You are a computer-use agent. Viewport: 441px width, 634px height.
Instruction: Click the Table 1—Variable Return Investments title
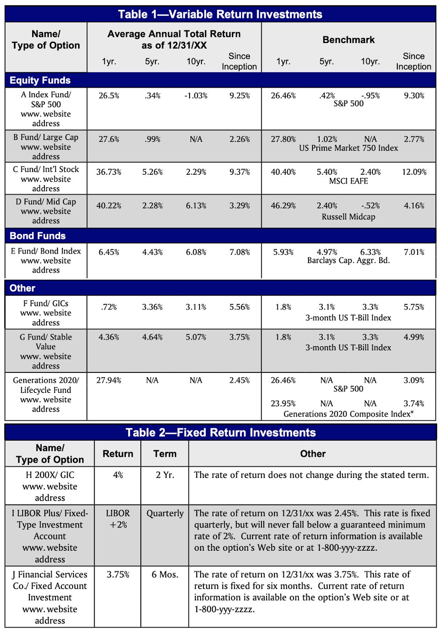[x=220, y=14]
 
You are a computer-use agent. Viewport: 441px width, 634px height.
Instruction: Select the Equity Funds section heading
[x=40, y=80]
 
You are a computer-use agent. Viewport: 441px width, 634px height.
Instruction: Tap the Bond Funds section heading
[x=38, y=236]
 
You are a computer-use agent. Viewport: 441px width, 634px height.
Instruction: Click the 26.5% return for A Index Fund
[x=109, y=96]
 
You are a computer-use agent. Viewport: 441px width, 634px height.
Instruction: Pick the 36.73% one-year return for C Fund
[x=109, y=172]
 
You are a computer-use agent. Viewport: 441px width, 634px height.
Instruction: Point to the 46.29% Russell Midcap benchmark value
[x=283, y=206]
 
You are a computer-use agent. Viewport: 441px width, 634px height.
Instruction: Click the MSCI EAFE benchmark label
[x=348, y=181]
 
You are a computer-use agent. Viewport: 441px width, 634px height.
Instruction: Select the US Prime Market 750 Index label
[x=348, y=148]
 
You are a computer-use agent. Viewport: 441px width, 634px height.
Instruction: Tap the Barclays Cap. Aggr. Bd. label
[x=348, y=261]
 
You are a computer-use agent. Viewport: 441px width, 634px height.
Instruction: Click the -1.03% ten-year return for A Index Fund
[x=196, y=96]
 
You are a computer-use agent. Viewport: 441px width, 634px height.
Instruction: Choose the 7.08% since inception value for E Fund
[x=240, y=252]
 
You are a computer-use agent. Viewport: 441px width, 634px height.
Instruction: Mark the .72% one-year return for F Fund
[x=109, y=307]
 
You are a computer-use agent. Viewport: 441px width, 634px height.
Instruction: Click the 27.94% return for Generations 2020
[x=109, y=380]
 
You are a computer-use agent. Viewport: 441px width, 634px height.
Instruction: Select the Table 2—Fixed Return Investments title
[x=220, y=432]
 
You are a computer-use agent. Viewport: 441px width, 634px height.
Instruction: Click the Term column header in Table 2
[x=165, y=454]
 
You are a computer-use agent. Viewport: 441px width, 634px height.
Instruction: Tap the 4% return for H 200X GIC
[x=118, y=475]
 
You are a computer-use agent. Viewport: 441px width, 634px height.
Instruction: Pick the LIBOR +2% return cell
[x=118, y=519]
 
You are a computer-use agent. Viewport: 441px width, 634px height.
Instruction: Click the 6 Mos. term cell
[x=165, y=574]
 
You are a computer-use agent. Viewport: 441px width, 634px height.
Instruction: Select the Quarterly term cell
[x=165, y=514]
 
